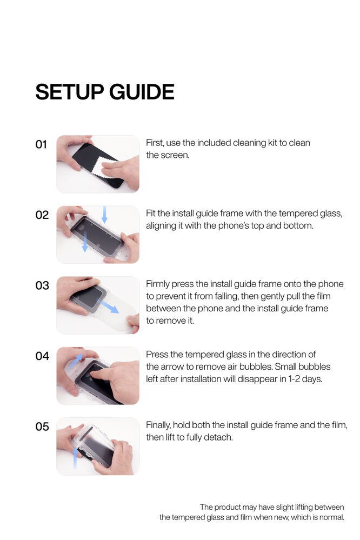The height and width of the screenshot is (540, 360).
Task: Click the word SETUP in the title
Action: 69,92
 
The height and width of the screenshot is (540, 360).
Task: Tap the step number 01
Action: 41,144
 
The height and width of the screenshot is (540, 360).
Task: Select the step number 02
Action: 42,215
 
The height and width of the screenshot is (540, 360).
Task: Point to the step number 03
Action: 42,285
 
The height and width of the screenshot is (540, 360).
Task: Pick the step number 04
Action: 42,356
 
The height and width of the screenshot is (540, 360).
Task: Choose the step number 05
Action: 42,426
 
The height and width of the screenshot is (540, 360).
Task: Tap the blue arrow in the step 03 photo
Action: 108,306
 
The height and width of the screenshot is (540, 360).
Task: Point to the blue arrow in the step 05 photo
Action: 75,458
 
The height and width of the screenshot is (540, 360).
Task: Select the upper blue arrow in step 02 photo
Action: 105,214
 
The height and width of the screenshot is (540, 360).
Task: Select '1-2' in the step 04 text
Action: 294,379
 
